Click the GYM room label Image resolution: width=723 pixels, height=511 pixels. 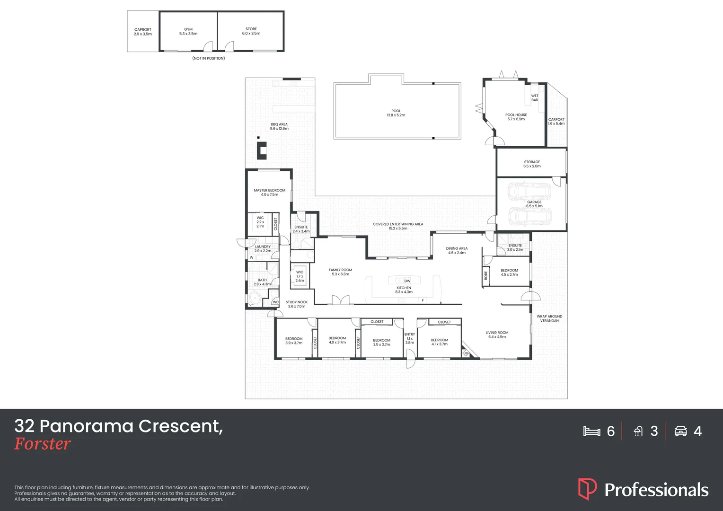(188, 32)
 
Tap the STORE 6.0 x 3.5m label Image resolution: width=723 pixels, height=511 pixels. (251, 31)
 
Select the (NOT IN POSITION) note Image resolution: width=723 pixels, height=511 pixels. (209, 58)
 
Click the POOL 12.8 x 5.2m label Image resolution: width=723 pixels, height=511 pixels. (396, 113)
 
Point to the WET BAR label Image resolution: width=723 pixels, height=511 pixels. (535, 98)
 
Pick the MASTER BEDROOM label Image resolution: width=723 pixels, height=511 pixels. (270, 193)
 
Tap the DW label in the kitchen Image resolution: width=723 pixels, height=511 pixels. (407, 281)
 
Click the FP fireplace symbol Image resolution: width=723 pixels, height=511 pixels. (466, 353)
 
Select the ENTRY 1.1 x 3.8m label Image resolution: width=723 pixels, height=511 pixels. (410, 338)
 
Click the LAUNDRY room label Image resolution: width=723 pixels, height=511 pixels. (263, 249)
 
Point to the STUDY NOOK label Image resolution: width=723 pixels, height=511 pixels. (297, 304)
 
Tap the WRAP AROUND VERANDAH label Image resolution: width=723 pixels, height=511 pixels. (549, 318)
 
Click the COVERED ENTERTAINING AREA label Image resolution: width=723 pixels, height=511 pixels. (398, 226)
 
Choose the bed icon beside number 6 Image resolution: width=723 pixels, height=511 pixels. (591, 431)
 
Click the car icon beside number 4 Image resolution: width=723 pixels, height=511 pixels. (680, 431)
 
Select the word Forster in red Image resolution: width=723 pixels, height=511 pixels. (43, 444)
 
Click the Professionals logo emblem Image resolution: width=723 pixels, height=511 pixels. (587, 489)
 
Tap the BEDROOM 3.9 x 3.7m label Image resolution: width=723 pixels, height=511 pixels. (294, 341)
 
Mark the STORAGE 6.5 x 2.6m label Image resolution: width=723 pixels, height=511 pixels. (532, 164)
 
